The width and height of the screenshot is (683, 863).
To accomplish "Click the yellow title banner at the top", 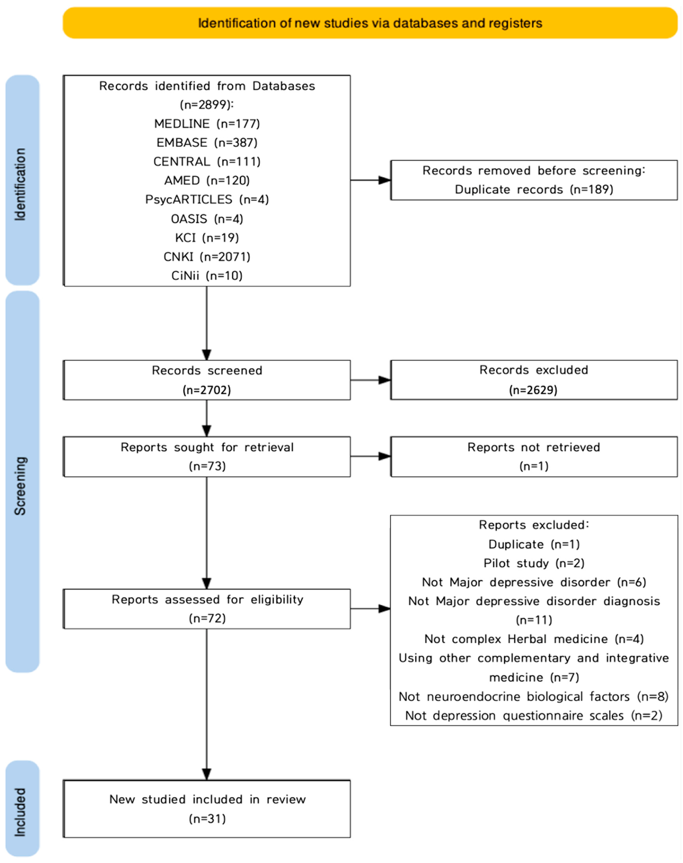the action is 370,23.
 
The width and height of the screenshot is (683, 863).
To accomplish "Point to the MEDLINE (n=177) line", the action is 207,124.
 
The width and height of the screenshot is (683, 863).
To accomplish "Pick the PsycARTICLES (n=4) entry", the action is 207,199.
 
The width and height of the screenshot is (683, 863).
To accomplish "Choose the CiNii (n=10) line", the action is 207,276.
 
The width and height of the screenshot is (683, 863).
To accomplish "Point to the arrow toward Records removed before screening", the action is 371,180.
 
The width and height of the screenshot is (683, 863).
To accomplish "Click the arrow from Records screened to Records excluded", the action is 371,380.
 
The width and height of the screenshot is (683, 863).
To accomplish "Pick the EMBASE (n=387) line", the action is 207,143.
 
